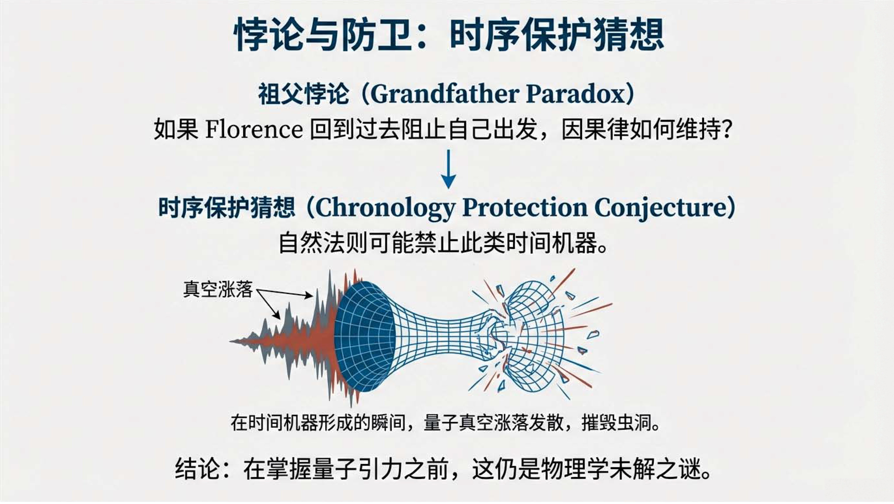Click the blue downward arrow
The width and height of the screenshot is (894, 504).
448,169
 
